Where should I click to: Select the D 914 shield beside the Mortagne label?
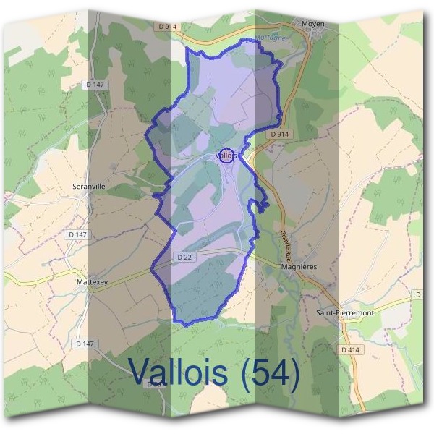point(167,26)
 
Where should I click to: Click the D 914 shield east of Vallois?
point(280,135)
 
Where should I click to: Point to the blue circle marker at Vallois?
point(226,156)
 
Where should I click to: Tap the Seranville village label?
point(90,186)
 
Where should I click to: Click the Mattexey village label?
point(92,283)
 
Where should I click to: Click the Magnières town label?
point(298,267)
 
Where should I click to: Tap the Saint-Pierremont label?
point(345,312)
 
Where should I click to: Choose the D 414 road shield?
point(350,350)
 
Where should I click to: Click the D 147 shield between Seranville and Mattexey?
point(77,234)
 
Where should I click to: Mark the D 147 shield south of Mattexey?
point(85,343)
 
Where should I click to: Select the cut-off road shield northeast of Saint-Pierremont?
point(418,294)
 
